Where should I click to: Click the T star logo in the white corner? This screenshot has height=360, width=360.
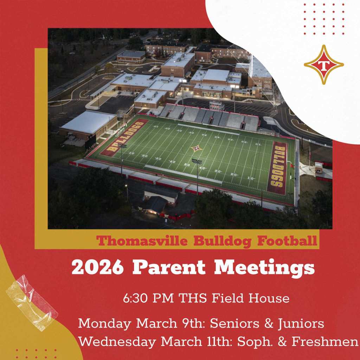point(323,65)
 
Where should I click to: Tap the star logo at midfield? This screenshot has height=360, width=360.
point(197,148)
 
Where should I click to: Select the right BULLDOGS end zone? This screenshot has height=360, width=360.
point(278,168)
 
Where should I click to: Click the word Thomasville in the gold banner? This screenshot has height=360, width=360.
point(143,241)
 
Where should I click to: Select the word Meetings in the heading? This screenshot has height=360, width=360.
point(264,268)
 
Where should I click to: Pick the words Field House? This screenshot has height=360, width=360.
point(251,299)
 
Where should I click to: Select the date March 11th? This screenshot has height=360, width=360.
point(190,342)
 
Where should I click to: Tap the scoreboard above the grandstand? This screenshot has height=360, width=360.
point(217,105)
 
